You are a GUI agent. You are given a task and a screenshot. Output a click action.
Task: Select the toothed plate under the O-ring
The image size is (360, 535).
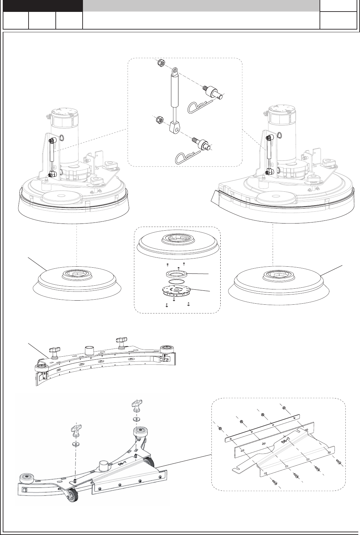tap(175, 291)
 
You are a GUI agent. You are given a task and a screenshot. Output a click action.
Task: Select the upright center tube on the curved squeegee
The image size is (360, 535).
tap(90, 350)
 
